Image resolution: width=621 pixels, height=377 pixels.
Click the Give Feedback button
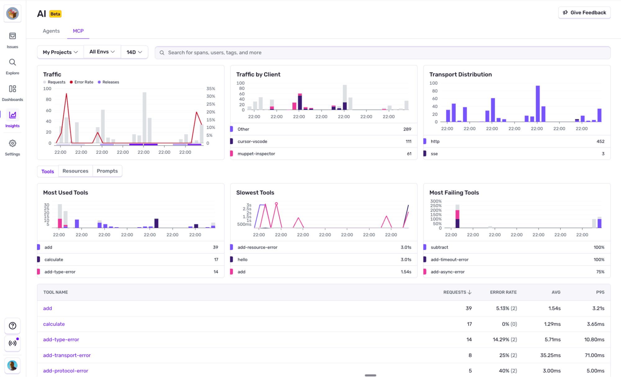coord(584,13)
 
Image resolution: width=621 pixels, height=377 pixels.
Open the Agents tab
coord(51,31)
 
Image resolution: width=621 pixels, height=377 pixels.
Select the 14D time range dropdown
coord(134,52)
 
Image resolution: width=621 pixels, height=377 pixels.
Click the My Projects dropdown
coord(60,52)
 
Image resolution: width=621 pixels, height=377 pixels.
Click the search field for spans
coord(382,53)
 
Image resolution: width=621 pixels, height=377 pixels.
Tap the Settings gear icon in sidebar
coord(12,144)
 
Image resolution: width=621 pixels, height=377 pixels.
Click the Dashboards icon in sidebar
coord(12,89)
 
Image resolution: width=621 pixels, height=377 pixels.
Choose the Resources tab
coord(75,171)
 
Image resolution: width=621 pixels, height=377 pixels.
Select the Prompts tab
coord(107,171)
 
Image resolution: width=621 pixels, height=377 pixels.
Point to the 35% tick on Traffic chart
coord(211,89)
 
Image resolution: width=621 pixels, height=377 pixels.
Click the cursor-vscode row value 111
coord(408,141)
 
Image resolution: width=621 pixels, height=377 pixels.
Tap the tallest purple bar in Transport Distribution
coord(538,103)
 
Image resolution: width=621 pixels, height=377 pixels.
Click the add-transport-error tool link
coord(67,355)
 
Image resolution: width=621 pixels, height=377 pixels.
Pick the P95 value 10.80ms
coord(594,340)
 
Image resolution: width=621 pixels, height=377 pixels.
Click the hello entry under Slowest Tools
coord(243,260)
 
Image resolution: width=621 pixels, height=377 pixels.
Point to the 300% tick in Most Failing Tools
coord(436,201)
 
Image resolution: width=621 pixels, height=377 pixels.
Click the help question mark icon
coord(12,326)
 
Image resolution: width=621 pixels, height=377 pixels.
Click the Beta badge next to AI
coord(55,14)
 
